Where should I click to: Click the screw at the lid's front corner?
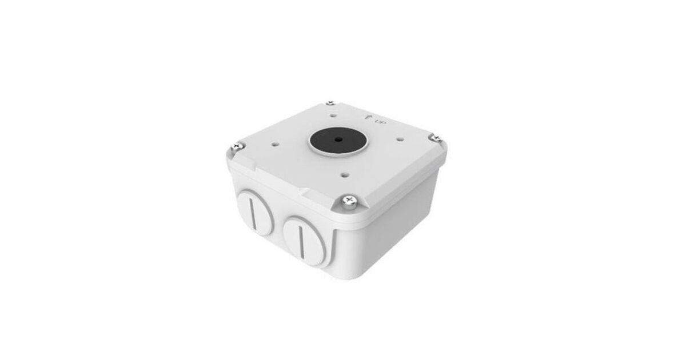[349, 201]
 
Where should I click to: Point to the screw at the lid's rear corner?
[330, 103]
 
